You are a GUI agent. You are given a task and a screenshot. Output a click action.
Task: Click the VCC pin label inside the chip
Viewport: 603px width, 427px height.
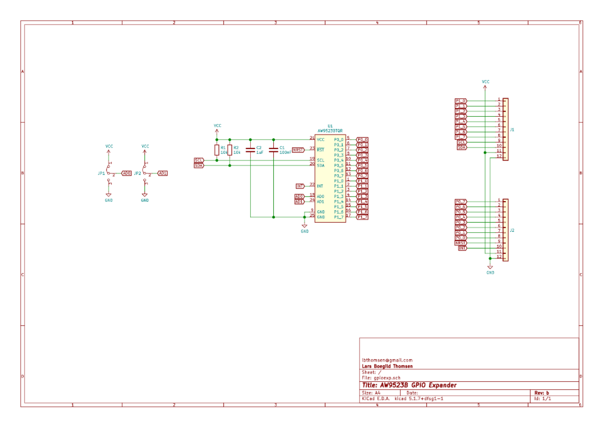pyautogui.click(x=321, y=140)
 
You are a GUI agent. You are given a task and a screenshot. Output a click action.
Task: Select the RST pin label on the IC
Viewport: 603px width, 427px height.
pyautogui.click(x=321, y=150)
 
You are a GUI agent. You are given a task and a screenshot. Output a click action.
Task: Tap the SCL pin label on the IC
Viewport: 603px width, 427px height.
pyautogui.click(x=321, y=160)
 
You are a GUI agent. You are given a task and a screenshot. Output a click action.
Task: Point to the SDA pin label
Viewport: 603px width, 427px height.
pyautogui.click(x=321, y=165)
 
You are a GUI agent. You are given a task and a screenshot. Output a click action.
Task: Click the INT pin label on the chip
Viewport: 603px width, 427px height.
pyautogui.click(x=320, y=186)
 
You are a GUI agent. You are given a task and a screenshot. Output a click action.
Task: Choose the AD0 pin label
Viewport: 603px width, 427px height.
pyautogui.click(x=321, y=197)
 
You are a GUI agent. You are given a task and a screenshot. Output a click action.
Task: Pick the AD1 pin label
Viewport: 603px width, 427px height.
pyautogui.click(x=321, y=202)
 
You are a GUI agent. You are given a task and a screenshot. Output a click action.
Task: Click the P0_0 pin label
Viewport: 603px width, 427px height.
pyautogui.click(x=339, y=140)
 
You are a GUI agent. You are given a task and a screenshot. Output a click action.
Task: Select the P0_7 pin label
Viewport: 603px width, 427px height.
pyautogui.click(x=339, y=176)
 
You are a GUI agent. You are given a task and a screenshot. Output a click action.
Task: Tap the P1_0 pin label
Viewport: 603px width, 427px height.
pyautogui.click(x=339, y=181)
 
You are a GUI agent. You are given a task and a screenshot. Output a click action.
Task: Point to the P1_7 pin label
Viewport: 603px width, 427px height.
pyautogui.click(x=339, y=217)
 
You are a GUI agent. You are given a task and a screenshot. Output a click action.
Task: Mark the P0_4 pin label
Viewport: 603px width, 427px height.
pyautogui.click(x=339, y=160)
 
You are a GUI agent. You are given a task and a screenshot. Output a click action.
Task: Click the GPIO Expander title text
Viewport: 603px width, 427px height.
pyautogui.click(x=409, y=385)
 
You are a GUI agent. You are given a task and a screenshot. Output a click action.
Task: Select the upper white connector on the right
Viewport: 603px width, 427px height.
pyautogui.click(x=506, y=129)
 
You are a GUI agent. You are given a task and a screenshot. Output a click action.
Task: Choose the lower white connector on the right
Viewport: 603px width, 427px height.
pyautogui.click(x=506, y=230)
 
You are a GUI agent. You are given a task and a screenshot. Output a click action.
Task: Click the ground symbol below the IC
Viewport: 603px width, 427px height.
pyautogui.click(x=305, y=226)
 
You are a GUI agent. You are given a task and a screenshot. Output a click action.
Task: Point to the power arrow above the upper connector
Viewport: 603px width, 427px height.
pyautogui.click(x=485, y=87)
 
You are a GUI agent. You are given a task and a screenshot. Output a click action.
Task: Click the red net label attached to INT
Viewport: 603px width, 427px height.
pyautogui.click(x=300, y=186)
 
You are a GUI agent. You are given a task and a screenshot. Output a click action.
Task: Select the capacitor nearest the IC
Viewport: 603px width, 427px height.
pyautogui.click(x=273, y=149)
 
